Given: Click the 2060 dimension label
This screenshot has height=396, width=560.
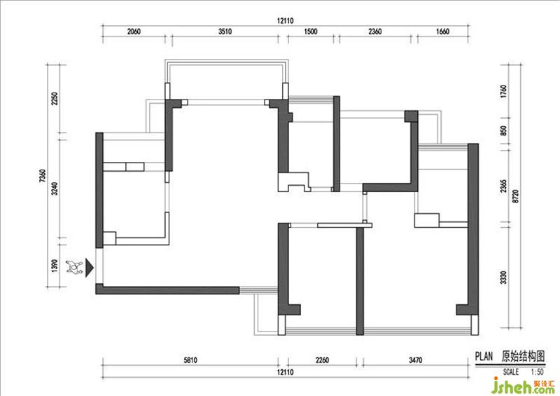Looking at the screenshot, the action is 134,32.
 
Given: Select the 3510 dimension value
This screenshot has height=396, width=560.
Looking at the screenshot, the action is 225,32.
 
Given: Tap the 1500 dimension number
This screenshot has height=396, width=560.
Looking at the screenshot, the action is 310,32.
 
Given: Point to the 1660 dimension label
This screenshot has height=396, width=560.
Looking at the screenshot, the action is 442,32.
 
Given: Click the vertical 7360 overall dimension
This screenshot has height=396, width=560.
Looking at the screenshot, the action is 43,176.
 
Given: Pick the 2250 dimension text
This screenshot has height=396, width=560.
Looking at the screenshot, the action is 55,98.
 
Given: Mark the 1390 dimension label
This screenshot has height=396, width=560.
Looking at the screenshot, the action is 55,266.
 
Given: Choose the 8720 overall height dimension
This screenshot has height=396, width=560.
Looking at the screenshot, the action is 515,196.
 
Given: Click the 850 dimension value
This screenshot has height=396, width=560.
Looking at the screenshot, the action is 503,130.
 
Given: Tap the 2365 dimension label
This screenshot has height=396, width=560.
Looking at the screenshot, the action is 503,186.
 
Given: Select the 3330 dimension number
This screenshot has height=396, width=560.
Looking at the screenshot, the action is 503,278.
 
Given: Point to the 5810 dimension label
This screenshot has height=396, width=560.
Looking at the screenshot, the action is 190,360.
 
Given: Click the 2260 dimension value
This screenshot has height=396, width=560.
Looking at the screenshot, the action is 323,360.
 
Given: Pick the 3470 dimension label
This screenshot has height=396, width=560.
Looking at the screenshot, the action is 415,360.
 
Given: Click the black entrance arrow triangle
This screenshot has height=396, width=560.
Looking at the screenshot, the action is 90,268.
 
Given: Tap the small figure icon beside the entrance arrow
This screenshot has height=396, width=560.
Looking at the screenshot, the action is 74,267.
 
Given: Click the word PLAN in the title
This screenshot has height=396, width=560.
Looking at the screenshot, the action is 484,356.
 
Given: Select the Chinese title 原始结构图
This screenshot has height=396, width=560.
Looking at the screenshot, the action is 523,356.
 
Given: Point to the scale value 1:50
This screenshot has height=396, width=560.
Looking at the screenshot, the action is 537,372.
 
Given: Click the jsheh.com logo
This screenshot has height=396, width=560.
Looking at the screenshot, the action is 523,385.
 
